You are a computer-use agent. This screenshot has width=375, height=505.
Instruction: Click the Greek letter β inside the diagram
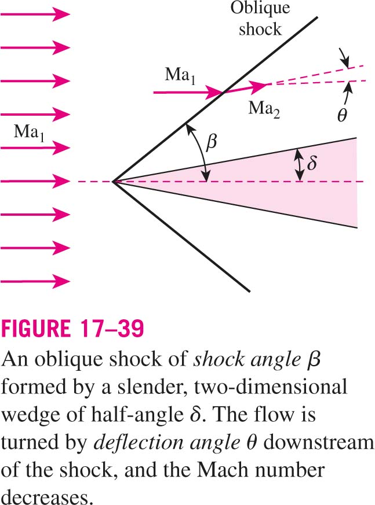tap(211, 142)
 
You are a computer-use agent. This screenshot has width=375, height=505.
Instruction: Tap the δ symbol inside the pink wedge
tap(311, 163)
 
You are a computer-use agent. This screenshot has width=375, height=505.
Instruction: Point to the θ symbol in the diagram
tap(342, 114)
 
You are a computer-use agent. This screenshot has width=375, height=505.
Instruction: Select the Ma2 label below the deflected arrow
tap(264, 109)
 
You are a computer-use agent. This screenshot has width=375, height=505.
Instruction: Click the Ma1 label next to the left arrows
tap(29, 132)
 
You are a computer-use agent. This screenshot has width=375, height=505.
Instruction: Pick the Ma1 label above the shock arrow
tap(180, 76)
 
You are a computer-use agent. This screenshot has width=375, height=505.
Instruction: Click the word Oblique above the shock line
tap(260, 9)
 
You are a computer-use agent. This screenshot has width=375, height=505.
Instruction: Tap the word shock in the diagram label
tap(260, 29)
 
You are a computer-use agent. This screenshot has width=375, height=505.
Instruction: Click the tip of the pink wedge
tap(112, 182)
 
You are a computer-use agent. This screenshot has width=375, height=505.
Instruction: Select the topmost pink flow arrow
tap(35, 14)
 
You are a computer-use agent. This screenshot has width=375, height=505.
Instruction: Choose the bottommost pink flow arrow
tap(35, 281)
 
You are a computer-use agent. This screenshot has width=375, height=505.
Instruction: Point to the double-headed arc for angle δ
tap(299, 165)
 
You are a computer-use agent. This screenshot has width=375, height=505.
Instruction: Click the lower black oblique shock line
tap(181, 237)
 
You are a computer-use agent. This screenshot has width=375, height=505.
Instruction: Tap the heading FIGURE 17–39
tap(72, 329)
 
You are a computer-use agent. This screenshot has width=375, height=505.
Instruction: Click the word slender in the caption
tap(152, 386)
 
